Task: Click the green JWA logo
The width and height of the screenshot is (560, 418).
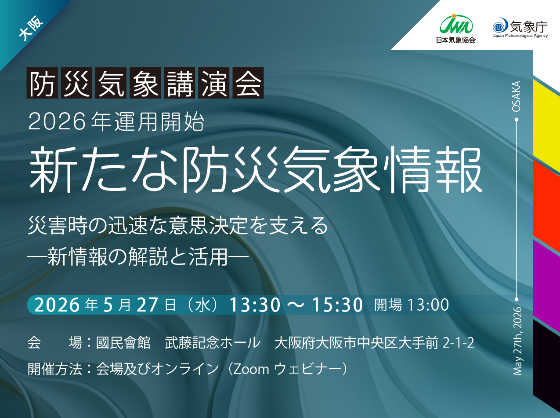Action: pyautogui.click(x=456, y=24)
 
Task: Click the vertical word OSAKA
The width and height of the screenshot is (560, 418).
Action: pyautogui.click(x=517, y=96)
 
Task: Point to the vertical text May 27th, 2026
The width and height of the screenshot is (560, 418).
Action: pyautogui.click(x=517, y=341)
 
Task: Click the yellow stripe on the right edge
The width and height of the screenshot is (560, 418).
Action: pyautogui.click(x=546, y=126)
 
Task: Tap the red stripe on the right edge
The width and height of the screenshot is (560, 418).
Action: pyautogui.click(x=546, y=206)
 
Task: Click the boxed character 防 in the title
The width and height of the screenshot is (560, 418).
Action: pyautogui.click(x=42, y=83)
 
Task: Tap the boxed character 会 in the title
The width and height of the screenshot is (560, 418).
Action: pyautogui.click(x=248, y=83)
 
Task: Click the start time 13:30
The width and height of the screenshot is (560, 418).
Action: pyautogui.click(x=255, y=304)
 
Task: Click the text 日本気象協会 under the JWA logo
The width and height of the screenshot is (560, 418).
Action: pyautogui.click(x=456, y=40)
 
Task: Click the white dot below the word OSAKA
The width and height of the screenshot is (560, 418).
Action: pyautogui.click(x=517, y=119)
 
